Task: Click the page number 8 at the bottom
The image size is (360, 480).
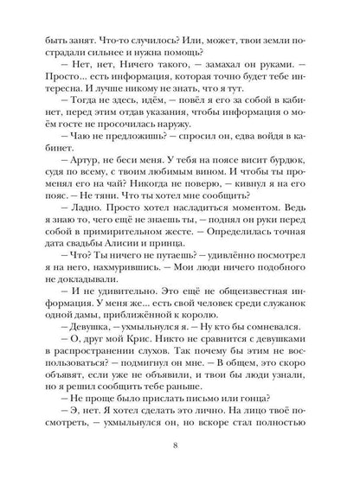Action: [179, 445]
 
